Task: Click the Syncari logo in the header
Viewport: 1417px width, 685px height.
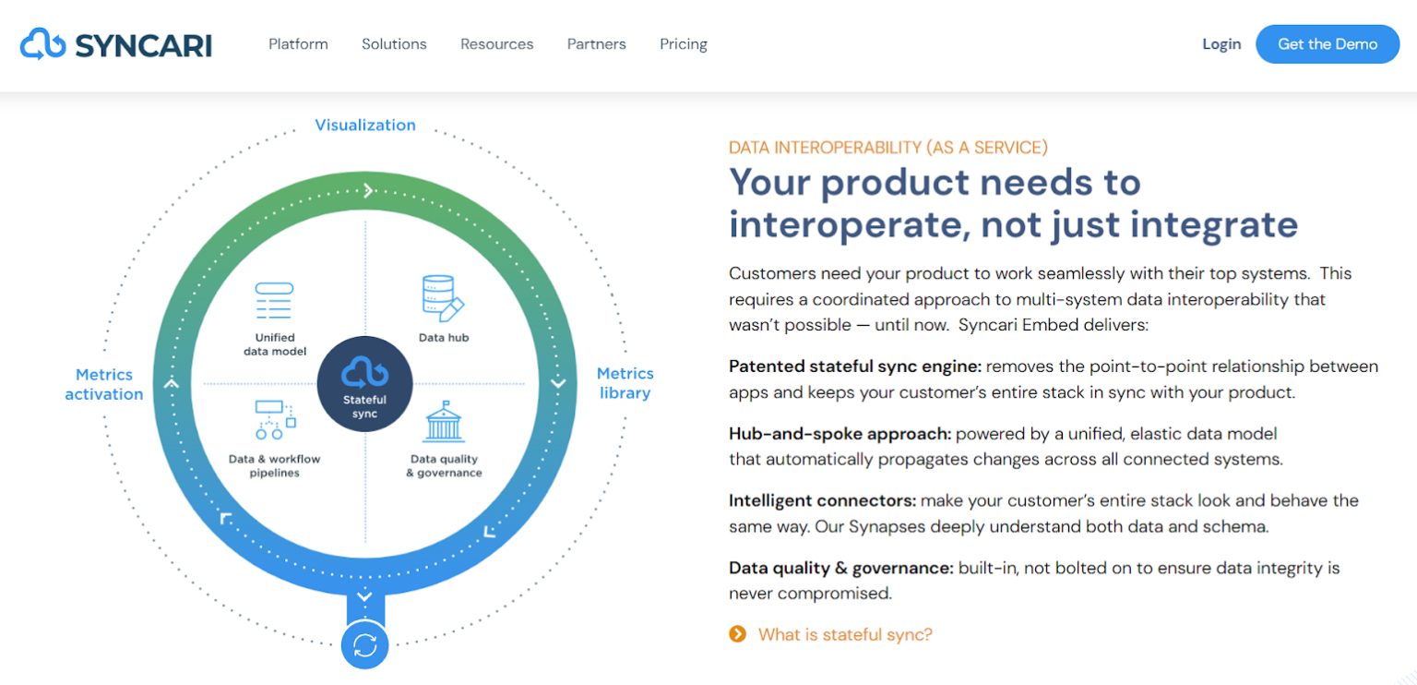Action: coord(116,44)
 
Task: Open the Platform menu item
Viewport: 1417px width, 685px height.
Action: coord(298,44)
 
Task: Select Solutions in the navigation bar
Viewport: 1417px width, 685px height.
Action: coord(394,44)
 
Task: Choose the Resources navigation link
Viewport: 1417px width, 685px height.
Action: coord(496,44)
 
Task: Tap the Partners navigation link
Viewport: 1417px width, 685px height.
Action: coord(596,44)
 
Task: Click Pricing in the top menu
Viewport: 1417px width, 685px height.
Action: coord(684,44)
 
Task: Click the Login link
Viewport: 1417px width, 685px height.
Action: coord(1221,44)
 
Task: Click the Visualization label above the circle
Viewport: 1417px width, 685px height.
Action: coord(365,126)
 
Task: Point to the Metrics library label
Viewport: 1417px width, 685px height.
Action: coord(625,383)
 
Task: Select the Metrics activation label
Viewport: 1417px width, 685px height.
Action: coord(104,384)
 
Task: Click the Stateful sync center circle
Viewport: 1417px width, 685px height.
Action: coord(364,383)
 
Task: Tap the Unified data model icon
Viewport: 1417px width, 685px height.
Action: coord(274,301)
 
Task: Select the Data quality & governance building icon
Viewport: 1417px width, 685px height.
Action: coord(444,422)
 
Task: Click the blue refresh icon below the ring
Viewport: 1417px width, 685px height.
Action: coord(364,644)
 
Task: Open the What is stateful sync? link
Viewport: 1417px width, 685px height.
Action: coord(844,634)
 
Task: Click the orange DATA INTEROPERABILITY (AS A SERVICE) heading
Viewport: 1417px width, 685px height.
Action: coord(887,148)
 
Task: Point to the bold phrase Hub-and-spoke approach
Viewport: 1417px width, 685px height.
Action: coord(839,433)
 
